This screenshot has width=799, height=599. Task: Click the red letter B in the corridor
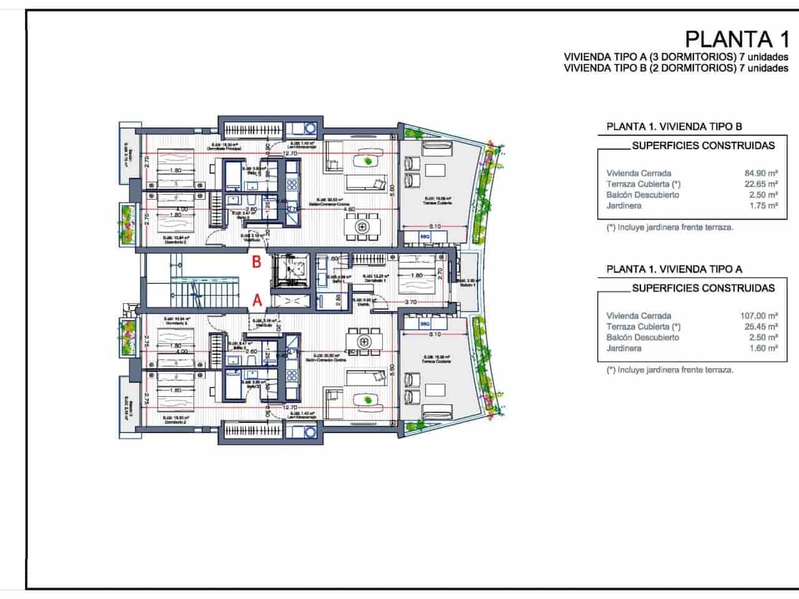click(256, 262)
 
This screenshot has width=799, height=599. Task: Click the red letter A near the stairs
click(256, 300)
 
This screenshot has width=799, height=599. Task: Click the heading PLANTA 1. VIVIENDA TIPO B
click(674, 127)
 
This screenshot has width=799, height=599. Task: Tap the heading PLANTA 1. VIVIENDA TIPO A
click(674, 269)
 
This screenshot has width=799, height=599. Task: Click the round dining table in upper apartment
click(362, 228)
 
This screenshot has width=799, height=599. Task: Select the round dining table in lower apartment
click(362, 341)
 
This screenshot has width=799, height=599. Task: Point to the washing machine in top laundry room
click(309, 129)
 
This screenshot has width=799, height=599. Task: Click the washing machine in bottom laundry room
click(309, 432)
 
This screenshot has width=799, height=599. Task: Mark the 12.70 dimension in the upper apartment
click(289, 153)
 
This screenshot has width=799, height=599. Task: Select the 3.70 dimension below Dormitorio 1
click(410, 302)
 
